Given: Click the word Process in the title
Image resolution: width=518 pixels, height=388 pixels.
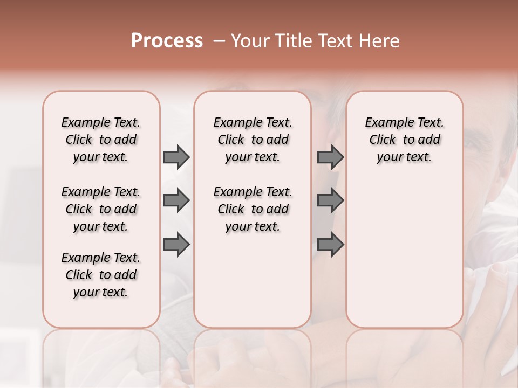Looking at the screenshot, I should pos(167,40).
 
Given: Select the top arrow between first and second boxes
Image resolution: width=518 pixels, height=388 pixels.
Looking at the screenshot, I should pos(176,157).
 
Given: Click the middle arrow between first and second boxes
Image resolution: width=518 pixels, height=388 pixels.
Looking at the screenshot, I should pos(176,201).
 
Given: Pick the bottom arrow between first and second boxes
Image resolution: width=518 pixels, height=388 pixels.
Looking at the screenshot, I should pos(176,245).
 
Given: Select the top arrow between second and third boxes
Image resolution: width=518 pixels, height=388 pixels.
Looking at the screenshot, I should pos(330,157).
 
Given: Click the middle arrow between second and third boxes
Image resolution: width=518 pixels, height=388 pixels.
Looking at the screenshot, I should pos(330,201).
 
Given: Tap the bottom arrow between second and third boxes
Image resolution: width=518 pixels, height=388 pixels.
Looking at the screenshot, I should pos(330,245).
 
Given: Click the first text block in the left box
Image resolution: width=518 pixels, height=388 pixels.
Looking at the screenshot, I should pos(101,140).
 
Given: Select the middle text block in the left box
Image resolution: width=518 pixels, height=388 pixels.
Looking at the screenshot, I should pos(101,209).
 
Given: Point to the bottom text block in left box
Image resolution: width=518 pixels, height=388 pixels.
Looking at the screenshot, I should pos(101,275).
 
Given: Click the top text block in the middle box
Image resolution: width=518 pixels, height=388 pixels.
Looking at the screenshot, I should pos(253,140).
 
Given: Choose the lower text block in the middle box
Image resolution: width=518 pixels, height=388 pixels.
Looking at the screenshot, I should pos(253,209).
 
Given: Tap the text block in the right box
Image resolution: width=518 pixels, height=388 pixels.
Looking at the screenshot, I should pos(404,140).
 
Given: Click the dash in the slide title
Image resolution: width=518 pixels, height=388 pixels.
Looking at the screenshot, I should pos(219,41).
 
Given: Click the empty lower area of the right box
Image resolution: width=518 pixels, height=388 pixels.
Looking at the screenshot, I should pos(404,253).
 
